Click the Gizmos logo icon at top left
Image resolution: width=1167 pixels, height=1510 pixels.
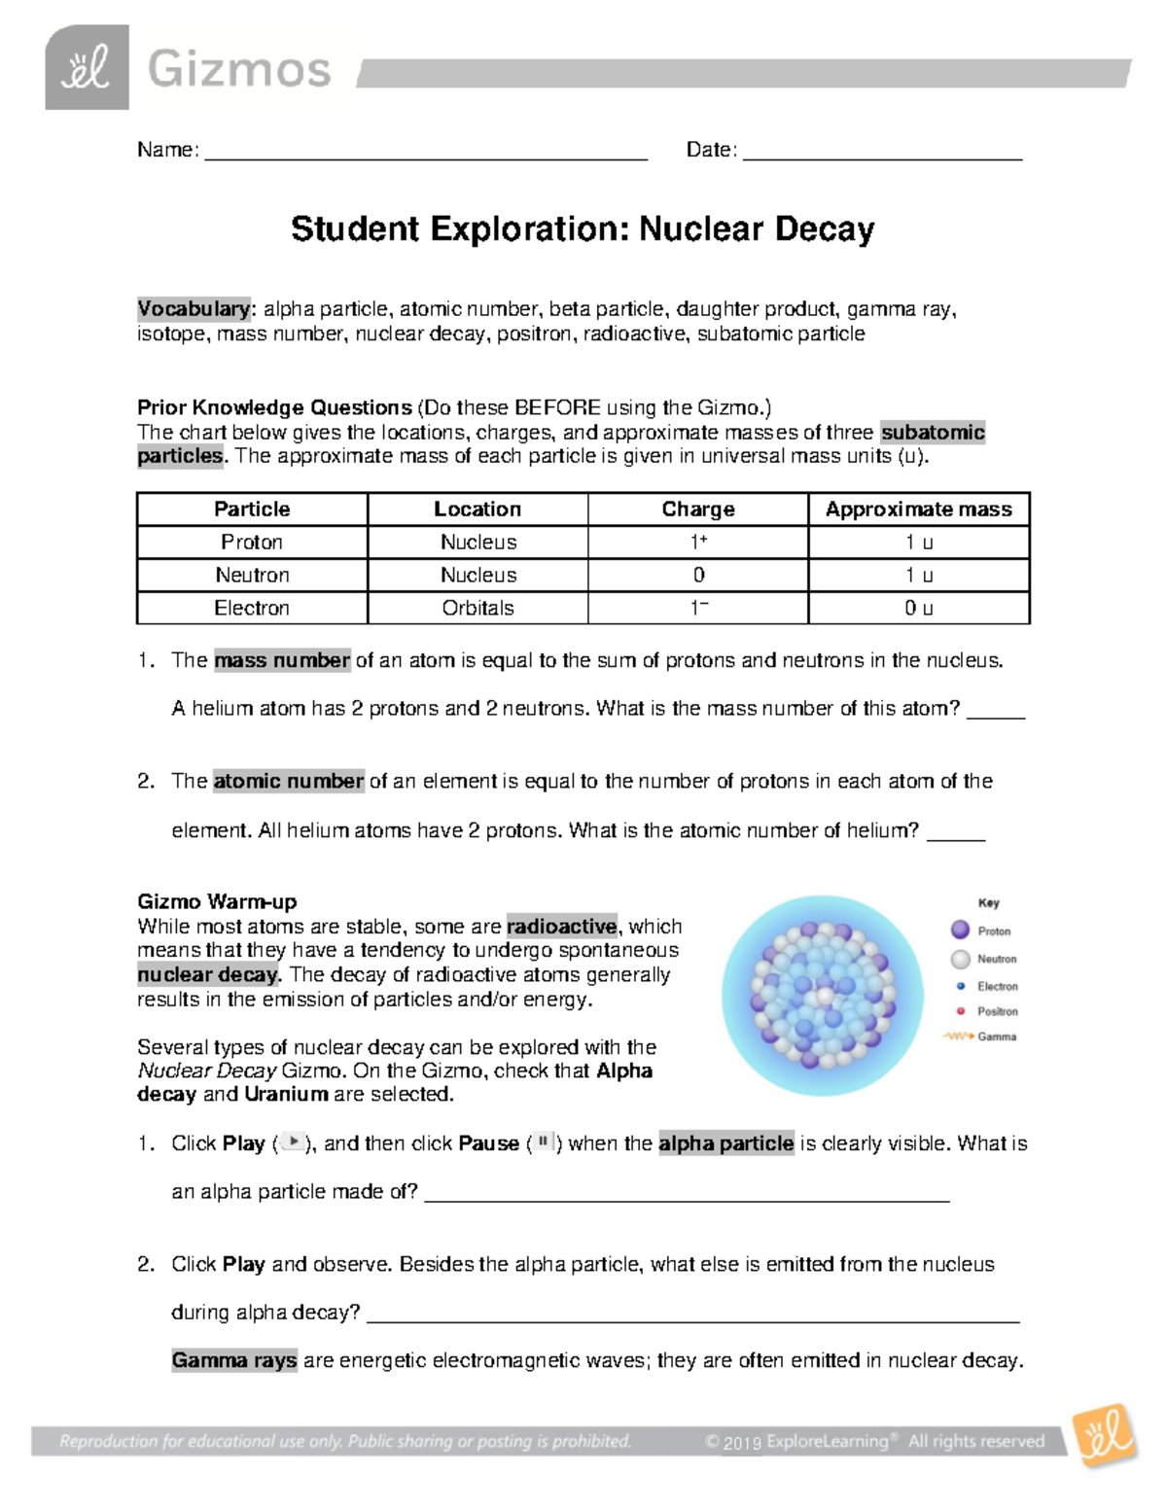coord(87,67)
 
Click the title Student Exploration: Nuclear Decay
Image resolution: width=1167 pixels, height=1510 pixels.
coord(583,229)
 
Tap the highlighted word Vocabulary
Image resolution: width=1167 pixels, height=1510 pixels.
coord(194,309)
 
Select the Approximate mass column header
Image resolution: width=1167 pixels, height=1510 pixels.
coord(918,509)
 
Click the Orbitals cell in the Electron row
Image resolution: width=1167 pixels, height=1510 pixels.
coord(477,608)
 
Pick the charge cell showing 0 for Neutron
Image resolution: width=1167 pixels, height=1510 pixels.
coord(698,575)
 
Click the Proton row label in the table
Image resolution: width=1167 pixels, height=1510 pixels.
coord(252,542)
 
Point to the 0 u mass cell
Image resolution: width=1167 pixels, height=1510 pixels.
coord(918,608)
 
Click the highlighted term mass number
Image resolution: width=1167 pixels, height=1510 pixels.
coord(282,660)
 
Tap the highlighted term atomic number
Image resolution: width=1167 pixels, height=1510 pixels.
coord(288,781)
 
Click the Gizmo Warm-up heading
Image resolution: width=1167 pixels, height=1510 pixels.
coord(217,901)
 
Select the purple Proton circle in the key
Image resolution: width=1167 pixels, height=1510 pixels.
coord(960,930)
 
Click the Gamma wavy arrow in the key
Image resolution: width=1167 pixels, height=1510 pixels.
coord(958,1036)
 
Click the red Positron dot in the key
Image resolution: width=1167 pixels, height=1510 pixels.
coord(961,1011)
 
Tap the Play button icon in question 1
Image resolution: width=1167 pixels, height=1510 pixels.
coord(292,1142)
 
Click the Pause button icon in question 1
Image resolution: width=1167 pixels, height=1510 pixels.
coord(544,1142)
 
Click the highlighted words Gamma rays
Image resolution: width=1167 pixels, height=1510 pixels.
coord(234,1360)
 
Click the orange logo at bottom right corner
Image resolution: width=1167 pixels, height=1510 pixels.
coord(1106,1435)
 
